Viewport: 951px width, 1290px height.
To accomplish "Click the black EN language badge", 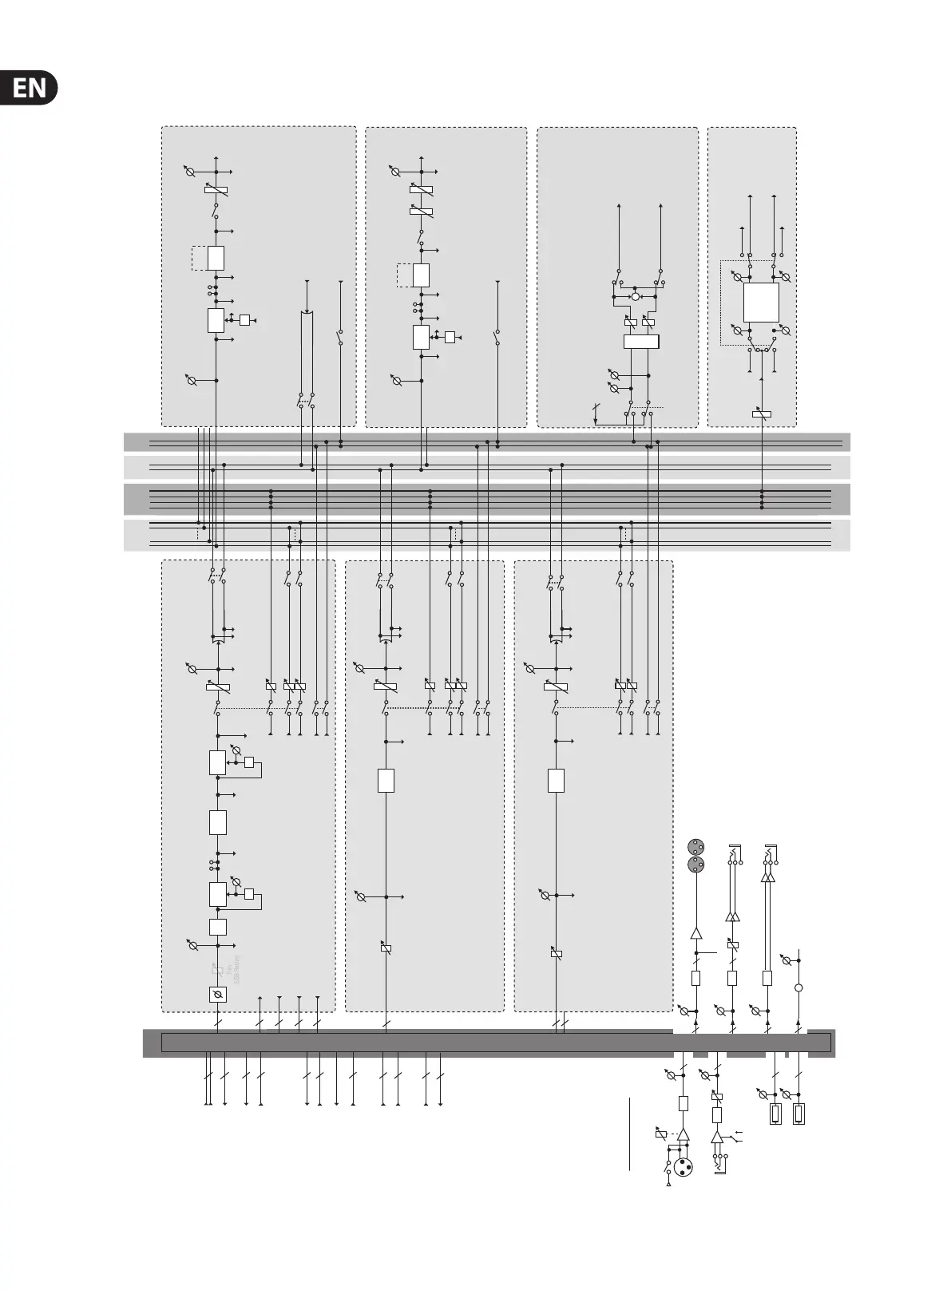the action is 30,88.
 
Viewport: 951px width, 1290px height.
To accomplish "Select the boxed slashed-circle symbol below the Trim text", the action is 217,995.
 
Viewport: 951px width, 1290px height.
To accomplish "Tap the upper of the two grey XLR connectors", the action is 695,847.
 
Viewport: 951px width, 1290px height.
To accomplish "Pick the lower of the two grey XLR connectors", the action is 695,865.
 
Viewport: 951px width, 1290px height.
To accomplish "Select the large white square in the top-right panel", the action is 761,302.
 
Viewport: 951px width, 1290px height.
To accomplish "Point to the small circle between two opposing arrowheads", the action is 636,297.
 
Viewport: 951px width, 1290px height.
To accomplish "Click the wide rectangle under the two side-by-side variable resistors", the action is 641,342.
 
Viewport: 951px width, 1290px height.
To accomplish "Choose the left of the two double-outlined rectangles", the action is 775,1114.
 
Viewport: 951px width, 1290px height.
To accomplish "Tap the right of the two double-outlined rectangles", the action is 798,1114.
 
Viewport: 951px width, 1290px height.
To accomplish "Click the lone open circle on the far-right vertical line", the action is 798,987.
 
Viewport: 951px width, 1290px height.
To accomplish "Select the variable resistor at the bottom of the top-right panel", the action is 762,414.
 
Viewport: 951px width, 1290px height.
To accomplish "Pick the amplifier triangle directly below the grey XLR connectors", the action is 695,932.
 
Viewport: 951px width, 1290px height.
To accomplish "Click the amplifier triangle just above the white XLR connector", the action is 683,1134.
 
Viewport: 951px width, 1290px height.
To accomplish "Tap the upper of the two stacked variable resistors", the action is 421,189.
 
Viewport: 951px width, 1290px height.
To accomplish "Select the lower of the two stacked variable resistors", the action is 421,211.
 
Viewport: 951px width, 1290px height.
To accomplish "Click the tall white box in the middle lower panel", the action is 386,780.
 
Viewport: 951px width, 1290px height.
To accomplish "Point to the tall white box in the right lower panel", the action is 556,780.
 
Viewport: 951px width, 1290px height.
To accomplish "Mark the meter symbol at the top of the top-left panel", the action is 190,172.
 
